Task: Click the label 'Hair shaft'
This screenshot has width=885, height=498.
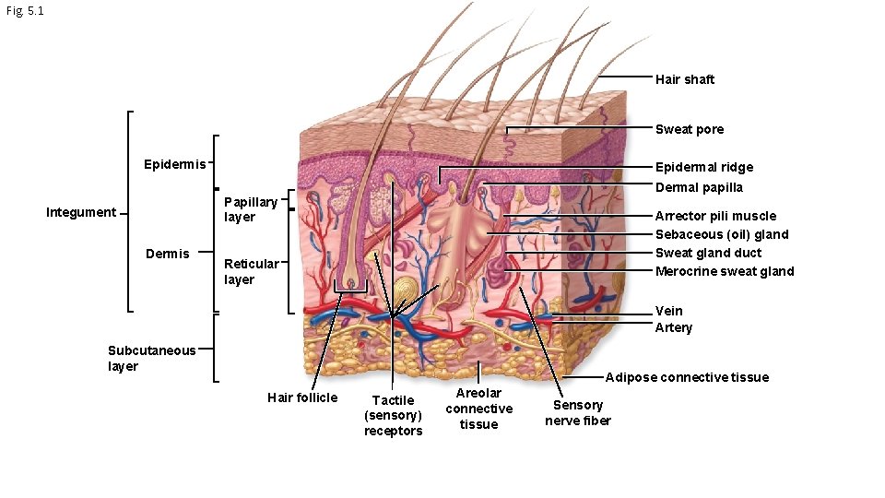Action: tap(684, 79)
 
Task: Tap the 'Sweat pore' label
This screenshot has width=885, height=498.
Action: tap(689, 129)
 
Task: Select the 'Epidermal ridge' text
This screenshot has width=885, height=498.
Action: tap(703, 167)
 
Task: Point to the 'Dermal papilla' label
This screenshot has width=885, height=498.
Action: tap(698, 187)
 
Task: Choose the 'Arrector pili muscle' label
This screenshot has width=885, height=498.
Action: tap(715, 216)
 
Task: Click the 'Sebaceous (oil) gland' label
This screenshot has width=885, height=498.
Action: tap(722, 234)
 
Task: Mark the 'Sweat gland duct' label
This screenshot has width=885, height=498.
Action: tap(708, 253)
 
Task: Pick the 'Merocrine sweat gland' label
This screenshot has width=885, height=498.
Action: tap(724, 271)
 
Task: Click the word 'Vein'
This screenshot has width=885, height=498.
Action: tap(668, 311)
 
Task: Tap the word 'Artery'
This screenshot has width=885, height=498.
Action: tap(673, 327)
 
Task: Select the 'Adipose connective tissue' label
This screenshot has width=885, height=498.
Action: tap(687, 377)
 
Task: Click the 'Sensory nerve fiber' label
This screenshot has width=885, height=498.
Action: tap(577, 413)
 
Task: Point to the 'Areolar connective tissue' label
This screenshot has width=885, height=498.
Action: tap(478, 409)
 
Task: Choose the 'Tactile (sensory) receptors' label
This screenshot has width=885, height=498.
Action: tap(393, 415)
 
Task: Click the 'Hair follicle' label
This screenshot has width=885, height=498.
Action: tap(302, 397)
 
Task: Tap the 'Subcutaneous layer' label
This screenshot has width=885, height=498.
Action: tap(151, 358)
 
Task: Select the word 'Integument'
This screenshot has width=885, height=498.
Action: tap(81, 212)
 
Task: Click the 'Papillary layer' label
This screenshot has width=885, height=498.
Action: tap(250, 209)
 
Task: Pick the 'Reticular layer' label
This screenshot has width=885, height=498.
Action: tap(251, 271)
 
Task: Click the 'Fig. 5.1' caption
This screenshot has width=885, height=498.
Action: tap(24, 11)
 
